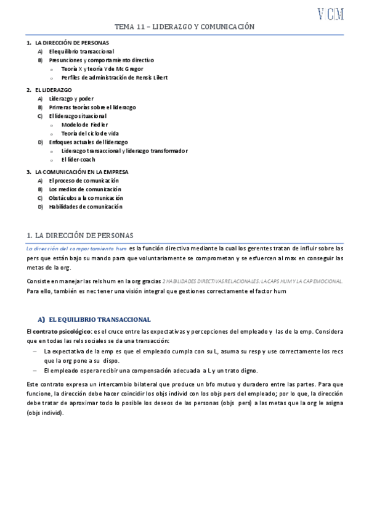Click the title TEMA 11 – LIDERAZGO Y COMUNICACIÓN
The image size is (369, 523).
tap(185, 27)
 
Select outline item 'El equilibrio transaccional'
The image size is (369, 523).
tap(81, 51)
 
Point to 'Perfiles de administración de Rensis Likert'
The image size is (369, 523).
tap(114, 78)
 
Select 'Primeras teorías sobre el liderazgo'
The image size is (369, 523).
tap(92, 107)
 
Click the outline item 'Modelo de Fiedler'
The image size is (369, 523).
tap(84, 125)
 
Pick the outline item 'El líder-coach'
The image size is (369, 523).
tap(78, 159)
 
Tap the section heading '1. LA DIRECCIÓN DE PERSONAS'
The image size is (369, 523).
tap(84, 235)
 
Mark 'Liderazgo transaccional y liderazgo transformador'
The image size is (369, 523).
tap(124, 150)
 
